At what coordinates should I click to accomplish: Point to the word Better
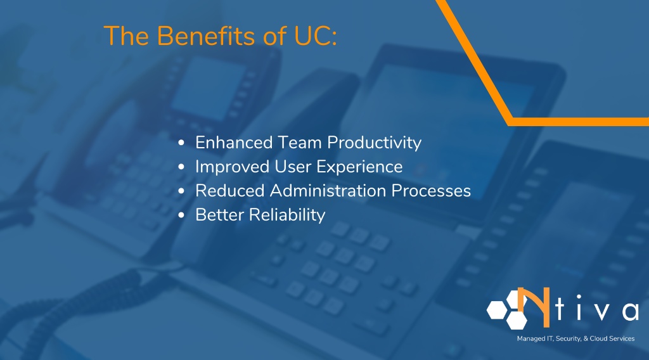click(219, 215)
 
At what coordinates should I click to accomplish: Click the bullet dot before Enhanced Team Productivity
click(182, 143)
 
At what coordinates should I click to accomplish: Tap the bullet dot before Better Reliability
click(182, 215)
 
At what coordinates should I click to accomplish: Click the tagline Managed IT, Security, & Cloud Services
click(575, 339)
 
